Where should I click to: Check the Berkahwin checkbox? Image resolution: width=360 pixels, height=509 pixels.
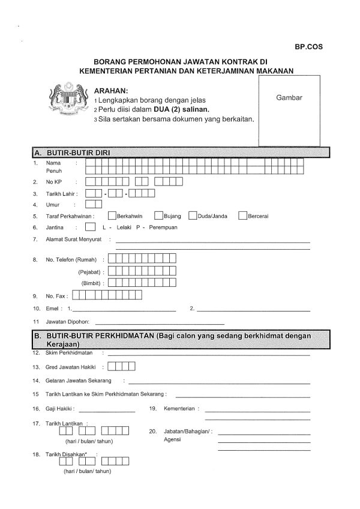click(112, 215)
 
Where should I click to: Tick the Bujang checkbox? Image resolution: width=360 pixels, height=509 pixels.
click(158, 215)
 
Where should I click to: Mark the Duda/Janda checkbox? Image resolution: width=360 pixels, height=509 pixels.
click(193, 215)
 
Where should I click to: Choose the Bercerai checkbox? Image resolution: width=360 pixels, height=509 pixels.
click(242, 215)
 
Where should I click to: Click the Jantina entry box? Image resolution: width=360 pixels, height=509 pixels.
click(90, 227)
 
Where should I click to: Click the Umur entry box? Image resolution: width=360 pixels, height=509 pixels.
click(90, 204)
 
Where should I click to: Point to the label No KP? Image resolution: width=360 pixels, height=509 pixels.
click(55, 181)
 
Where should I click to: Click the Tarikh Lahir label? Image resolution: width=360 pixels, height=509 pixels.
click(62, 193)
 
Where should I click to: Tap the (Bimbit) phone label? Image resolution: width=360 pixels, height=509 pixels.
click(92, 283)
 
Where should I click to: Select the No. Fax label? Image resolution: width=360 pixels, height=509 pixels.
click(57, 296)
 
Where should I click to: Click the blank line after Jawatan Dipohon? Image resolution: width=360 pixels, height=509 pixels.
click(155, 323)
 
